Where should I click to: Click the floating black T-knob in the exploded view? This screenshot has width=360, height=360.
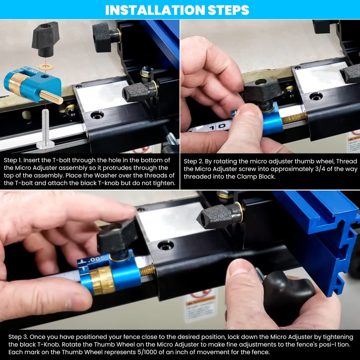tap(45, 39)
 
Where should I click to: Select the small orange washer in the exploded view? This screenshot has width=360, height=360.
tap(45, 66)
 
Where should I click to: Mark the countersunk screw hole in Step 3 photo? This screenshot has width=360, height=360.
tap(165, 245)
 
